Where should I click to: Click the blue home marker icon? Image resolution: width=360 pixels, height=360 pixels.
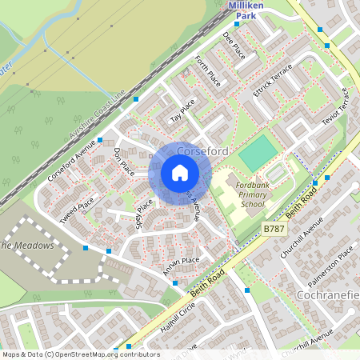point(179,172)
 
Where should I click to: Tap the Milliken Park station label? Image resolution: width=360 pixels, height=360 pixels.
point(245,10)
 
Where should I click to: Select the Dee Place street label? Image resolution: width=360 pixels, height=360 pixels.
point(233,46)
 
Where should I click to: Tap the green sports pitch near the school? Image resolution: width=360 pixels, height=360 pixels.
point(258,152)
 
